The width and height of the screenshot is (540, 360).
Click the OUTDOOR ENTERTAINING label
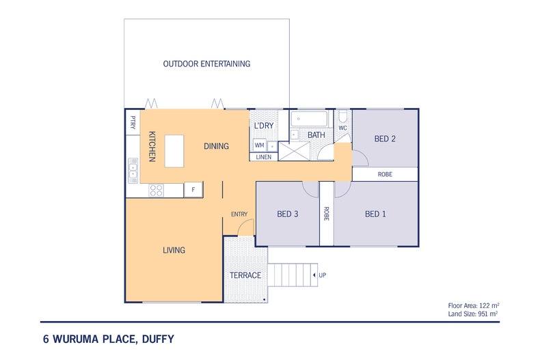(x=206, y=64)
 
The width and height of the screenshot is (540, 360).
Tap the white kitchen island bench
(x=175, y=150)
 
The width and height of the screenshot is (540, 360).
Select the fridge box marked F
(x=194, y=189)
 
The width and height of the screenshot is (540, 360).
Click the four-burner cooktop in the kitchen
(x=155, y=191)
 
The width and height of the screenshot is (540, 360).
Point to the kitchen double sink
(x=132, y=171)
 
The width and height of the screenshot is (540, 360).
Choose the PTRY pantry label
(x=133, y=123)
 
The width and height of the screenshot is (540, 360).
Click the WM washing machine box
(x=259, y=146)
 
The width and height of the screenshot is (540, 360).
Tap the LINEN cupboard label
(x=264, y=157)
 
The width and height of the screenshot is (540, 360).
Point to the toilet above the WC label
(x=343, y=116)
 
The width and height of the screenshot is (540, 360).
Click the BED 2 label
(x=385, y=139)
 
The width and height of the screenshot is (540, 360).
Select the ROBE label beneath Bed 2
(x=385, y=174)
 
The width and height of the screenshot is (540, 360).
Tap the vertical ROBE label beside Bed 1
(x=326, y=213)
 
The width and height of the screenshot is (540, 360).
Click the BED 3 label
(x=288, y=214)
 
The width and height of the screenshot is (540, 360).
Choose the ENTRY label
(x=239, y=214)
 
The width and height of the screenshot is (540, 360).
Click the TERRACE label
(x=245, y=275)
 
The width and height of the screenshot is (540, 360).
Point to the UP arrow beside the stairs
(x=318, y=275)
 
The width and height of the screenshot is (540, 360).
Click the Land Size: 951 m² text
(x=471, y=314)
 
